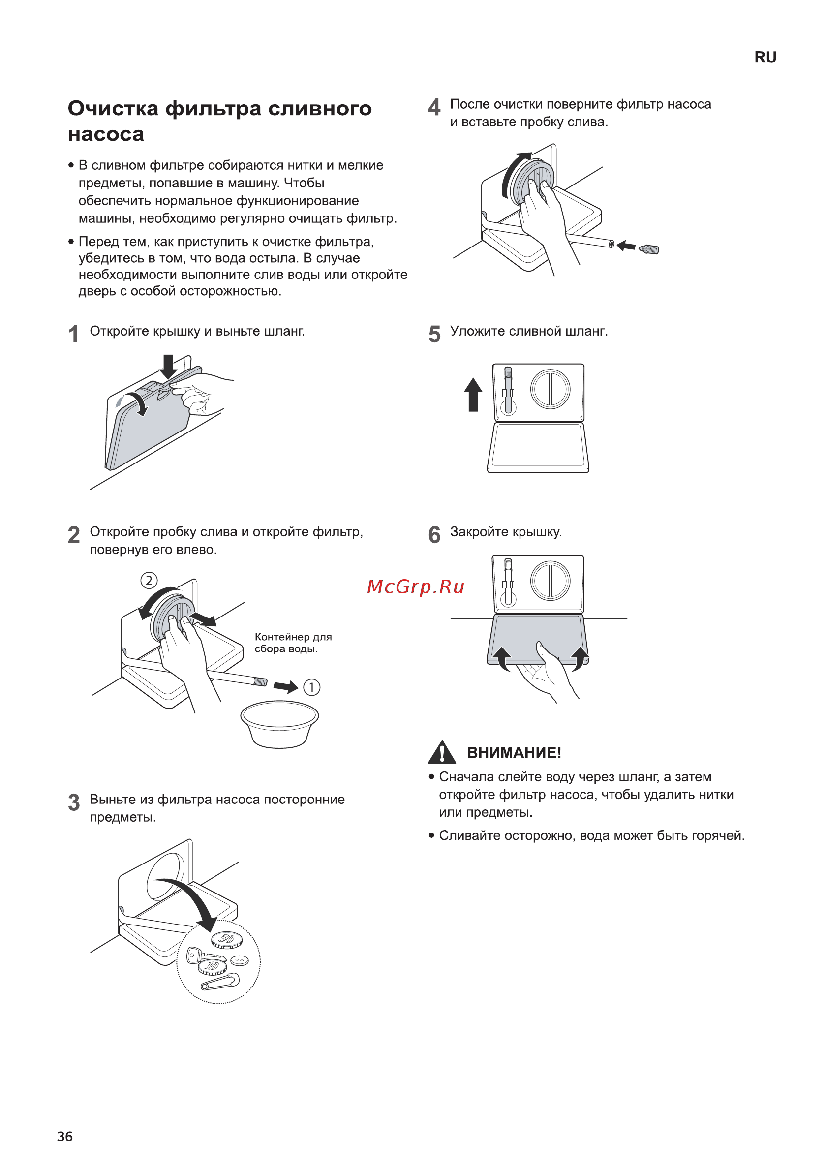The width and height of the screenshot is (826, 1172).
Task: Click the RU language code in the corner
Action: coord(765,57)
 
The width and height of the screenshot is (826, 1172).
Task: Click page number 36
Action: coord(65,1136)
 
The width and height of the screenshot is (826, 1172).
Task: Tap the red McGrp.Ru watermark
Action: coord(416,586)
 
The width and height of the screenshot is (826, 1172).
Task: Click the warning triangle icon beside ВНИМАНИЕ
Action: coord(442,752)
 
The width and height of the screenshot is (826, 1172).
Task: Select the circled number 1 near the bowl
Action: coord(312,687)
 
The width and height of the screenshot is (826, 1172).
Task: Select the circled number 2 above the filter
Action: coord(149,581)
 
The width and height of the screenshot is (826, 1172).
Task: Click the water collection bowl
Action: coord(280,724)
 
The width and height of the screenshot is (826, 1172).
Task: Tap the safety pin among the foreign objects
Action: coord(220,981)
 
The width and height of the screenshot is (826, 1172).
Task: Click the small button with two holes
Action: coord(240,960)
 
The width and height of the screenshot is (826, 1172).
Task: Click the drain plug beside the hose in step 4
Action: coord(649,249)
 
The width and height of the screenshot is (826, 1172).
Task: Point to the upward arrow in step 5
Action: coord(473,394)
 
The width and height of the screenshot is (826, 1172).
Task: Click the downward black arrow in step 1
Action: coord(168,367)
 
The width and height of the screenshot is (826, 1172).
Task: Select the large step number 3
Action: coord(74,802)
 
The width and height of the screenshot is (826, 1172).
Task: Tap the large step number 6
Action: coord(434,534)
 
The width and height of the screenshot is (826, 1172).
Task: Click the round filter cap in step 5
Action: coord(550,389)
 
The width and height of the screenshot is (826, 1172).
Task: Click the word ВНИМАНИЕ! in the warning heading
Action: coord(514,752)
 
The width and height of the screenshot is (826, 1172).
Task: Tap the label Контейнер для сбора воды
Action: coord(294,643)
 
